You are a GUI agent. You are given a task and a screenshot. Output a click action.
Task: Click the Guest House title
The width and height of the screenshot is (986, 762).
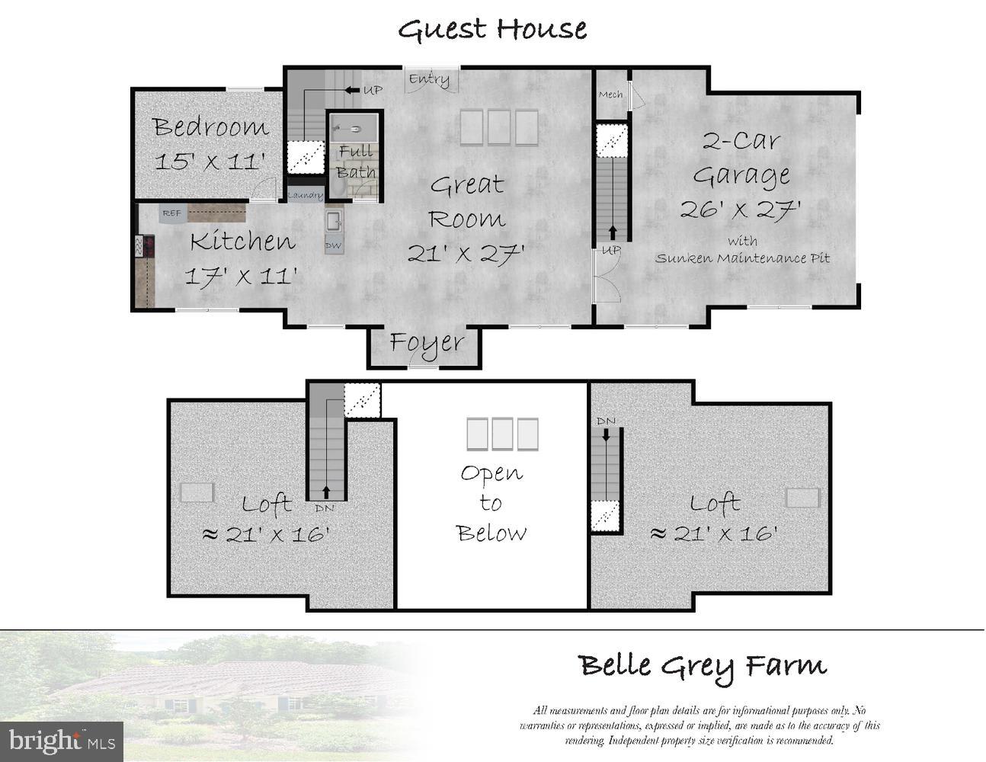[x=492, y=30]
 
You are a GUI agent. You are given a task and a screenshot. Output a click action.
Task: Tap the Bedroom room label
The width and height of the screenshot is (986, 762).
[x=210, y=126]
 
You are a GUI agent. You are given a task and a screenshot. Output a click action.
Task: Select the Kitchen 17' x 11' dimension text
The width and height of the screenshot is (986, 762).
[x=241, y=276]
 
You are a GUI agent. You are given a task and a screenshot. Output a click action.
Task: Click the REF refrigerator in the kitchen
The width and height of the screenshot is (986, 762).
[x=172, y=213]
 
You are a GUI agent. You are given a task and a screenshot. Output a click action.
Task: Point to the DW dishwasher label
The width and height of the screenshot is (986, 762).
[x=333, y=246]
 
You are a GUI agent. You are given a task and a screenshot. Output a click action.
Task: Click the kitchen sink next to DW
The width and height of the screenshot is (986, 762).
[x=334, y=221]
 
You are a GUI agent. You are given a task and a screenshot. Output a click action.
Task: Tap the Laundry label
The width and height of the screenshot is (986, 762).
[x=306, y=196]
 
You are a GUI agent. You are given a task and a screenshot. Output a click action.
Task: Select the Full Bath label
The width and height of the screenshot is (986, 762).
[x=356, y=162]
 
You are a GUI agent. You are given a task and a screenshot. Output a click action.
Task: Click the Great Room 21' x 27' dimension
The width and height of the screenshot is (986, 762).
[x=466, y=254]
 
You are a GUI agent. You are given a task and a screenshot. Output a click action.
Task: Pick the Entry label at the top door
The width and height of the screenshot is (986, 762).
[x=429, y=80]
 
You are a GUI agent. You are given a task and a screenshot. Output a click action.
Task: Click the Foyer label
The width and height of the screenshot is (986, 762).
[x=427, y=344]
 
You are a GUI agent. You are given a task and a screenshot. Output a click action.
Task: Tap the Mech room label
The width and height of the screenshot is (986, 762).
[x=611, y=94]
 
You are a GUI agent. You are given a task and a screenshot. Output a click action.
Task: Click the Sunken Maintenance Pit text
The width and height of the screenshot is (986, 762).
[x=742, y=258]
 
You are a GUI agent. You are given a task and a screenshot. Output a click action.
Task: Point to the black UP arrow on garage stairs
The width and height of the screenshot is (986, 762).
[x=613, y=232]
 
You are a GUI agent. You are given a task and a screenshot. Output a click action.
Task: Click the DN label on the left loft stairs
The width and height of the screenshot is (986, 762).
[x=325, y=508]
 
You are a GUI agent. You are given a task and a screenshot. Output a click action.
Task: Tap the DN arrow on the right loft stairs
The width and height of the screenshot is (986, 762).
[x=607, y=435]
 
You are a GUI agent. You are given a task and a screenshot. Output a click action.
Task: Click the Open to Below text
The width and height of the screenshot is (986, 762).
[x=491, y=504]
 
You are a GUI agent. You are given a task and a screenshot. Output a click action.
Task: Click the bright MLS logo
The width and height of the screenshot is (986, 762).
[x=62, y=742]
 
